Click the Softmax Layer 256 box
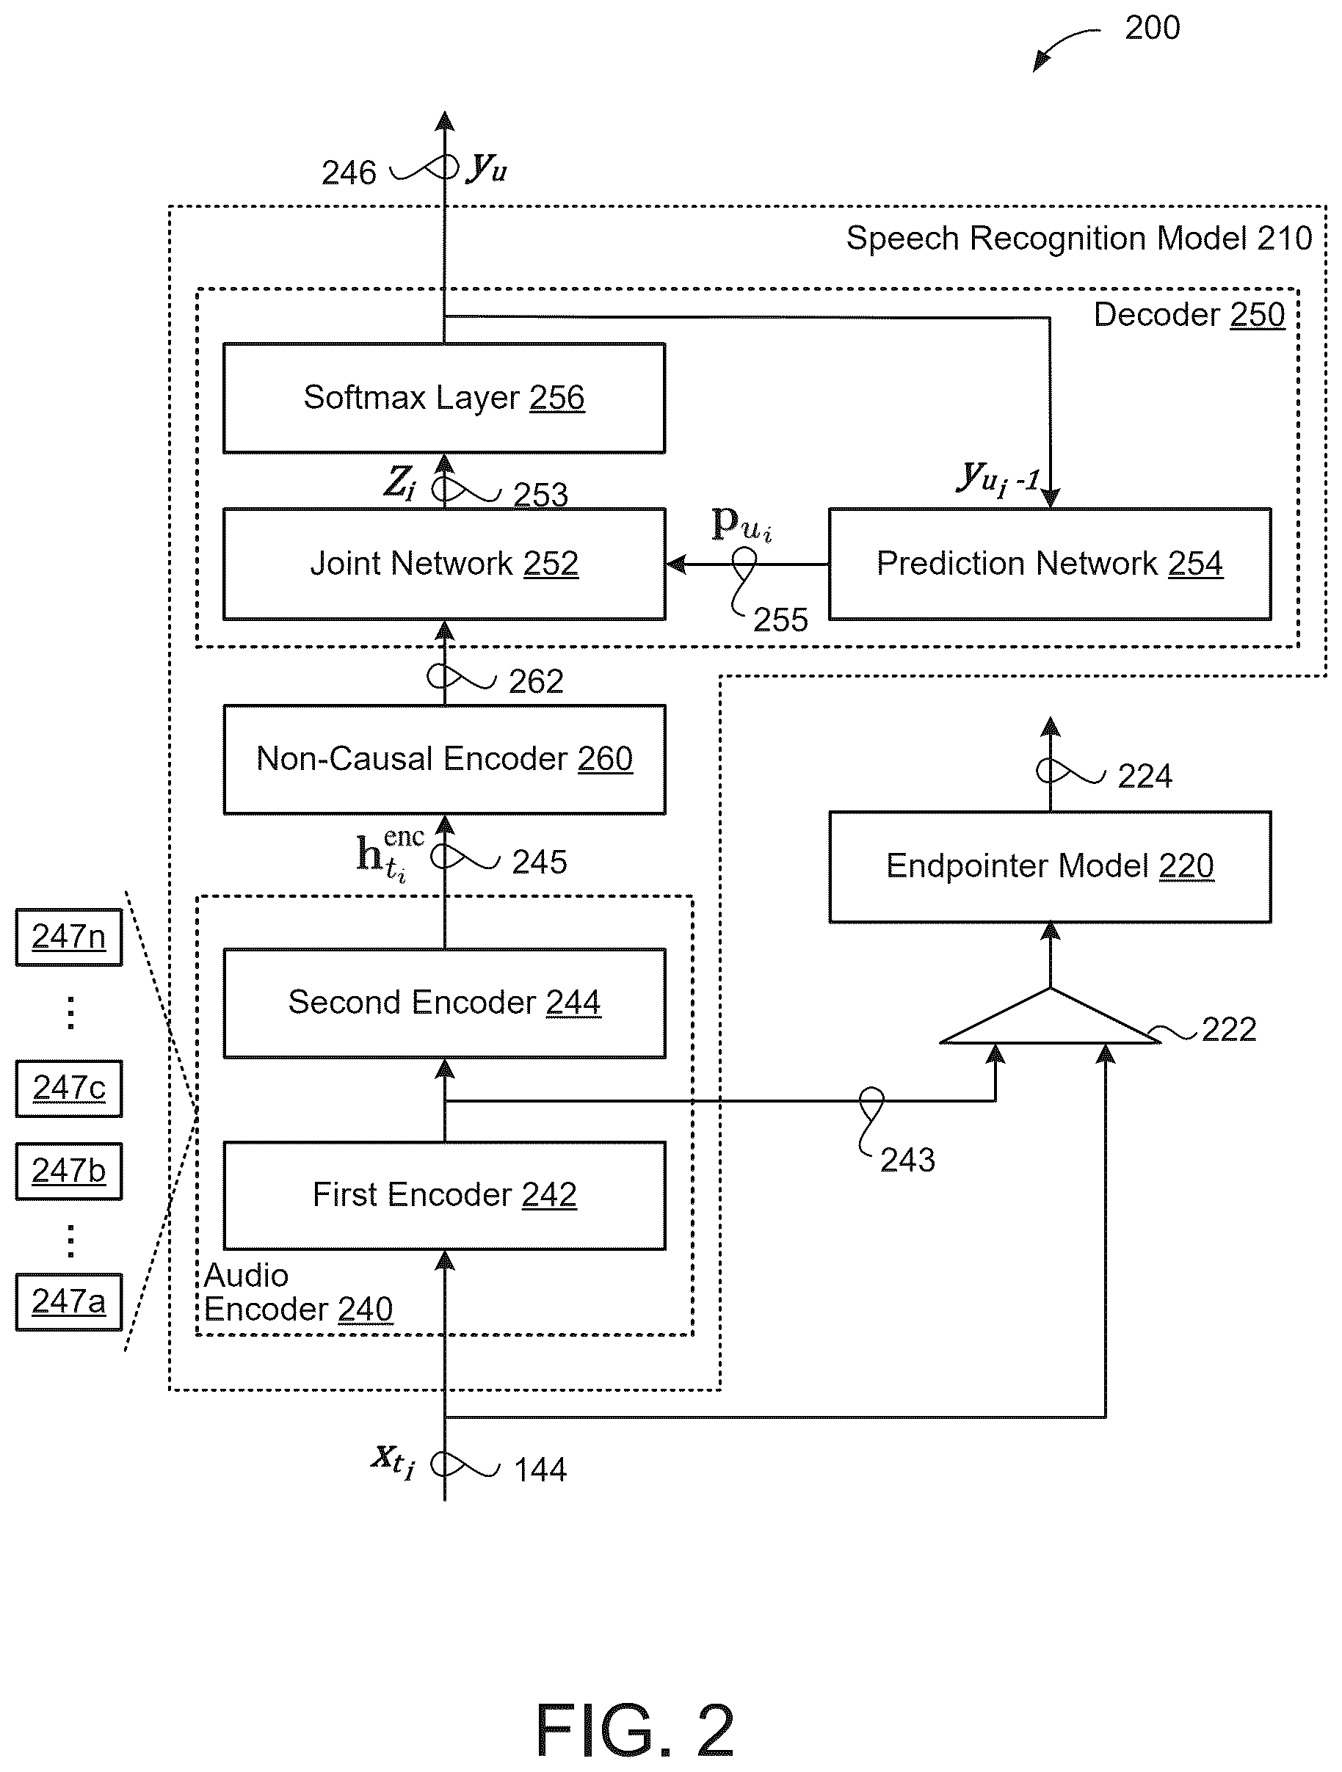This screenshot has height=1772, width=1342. coord(444,398)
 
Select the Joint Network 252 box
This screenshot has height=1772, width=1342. coord(444,564)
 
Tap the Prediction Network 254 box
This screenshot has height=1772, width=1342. coord(1050,564)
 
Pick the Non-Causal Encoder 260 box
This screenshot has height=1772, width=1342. coord(444,760)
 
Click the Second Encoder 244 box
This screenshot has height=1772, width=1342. coord(444,1003)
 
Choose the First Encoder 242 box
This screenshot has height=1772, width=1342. coord(444,1195)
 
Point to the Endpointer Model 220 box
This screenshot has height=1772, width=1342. coord(1050,867)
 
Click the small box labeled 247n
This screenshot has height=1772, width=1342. coord(69,937)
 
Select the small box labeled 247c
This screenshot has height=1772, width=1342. coord(69,1089)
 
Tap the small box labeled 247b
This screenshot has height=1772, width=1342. coord(69,1172)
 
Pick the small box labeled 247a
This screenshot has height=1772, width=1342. coord(69,1301)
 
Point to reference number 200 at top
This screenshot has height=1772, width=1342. coord(1152,29)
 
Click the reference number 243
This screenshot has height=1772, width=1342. coord(907,1160)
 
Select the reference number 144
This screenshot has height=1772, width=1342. coord(540,1470)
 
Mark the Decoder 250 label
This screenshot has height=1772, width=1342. coord(1189,315)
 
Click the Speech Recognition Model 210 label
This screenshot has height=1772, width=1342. coord(1079,239)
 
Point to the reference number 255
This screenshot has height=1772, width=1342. coord(780,620)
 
